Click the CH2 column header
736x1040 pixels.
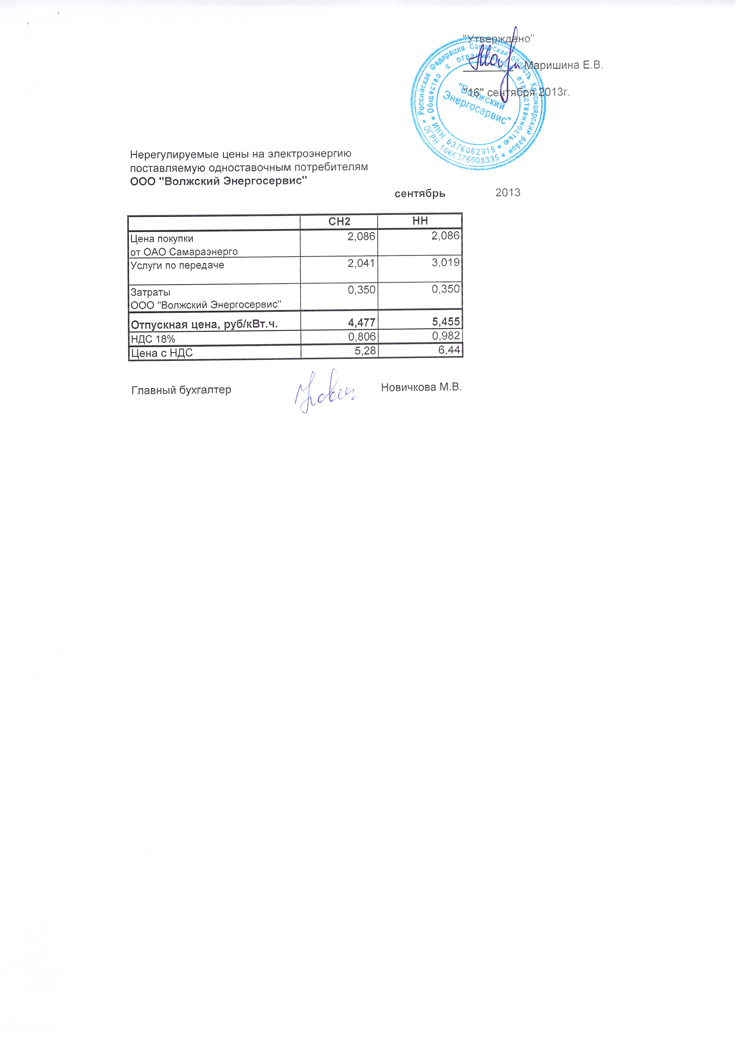click(x=339, y=221)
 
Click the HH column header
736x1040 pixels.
click(x=420, y=221)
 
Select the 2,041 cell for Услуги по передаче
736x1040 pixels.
click(x=361, y=263)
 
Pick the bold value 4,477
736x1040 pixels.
click(x=361, y=322)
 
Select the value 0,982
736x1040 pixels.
click(x=446, y=336)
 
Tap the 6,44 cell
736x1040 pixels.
click(x=449, y=350)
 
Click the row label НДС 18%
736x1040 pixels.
click(x=153, y=339)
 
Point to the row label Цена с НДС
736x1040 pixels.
click(x=162, y=353)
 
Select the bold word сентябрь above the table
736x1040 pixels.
click(x=420, y=194)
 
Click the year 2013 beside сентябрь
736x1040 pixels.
click(x=507, y=193)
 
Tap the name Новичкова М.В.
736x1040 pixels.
click(x=421, y=387)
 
